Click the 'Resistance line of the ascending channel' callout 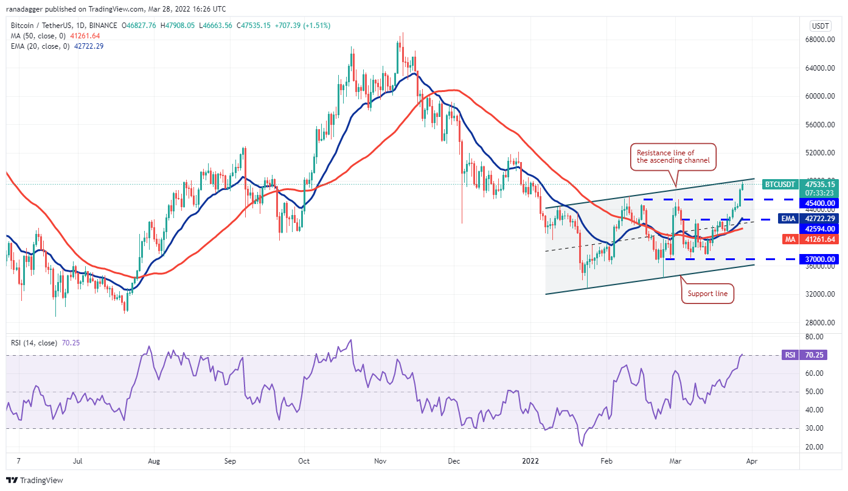pyautogui.click(x=673, y=157)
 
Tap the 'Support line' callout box pyautogui.click(x=707, y=294)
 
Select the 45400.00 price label pyautogui.click(x=821, y=203)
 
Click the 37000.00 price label pyautogui.click(x=821, y=260)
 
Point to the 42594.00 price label pyautogui.click(x=821, y=228)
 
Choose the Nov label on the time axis pyautogui.click(x=380, y=461)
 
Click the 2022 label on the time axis pyautogui.click(x=531, y=461)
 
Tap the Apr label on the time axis pyautogui.click(x=751, y=461)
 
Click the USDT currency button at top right pyautogui.click(x=821, y=26)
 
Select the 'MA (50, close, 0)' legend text pyautogui.click(x=37, y=36)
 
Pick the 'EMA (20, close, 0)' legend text pyautogui.click(x=40, y=46)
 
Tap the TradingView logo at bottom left pyautogui.click(x=35, y=480)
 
